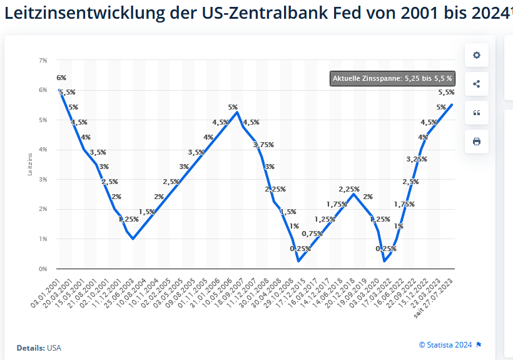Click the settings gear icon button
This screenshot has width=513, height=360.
[476, 55]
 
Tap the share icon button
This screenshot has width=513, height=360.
[476, 84]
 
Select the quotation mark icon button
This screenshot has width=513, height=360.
[476, 113]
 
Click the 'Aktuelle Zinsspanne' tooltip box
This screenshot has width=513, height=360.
[392, 79]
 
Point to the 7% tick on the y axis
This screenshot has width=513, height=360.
[43, 60]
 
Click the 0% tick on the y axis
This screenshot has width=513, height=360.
[43, 269]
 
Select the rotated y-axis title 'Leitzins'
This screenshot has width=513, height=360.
[29, 165]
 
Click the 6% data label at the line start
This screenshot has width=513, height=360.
[61, 78]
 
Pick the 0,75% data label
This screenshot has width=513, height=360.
[313, 234]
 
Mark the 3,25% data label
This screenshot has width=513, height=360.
[417, 159]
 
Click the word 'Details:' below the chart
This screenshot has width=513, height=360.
[31, 347]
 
